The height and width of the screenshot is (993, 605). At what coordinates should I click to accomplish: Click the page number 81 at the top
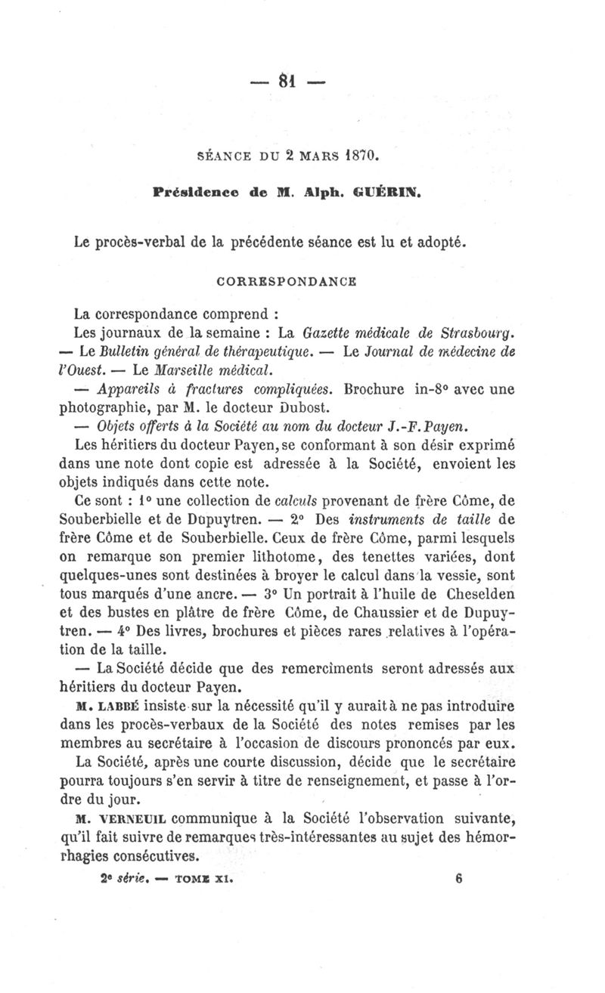287,79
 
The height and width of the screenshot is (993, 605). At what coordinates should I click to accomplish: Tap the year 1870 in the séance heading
355,157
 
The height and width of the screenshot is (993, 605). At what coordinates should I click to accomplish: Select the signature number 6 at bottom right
460,879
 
